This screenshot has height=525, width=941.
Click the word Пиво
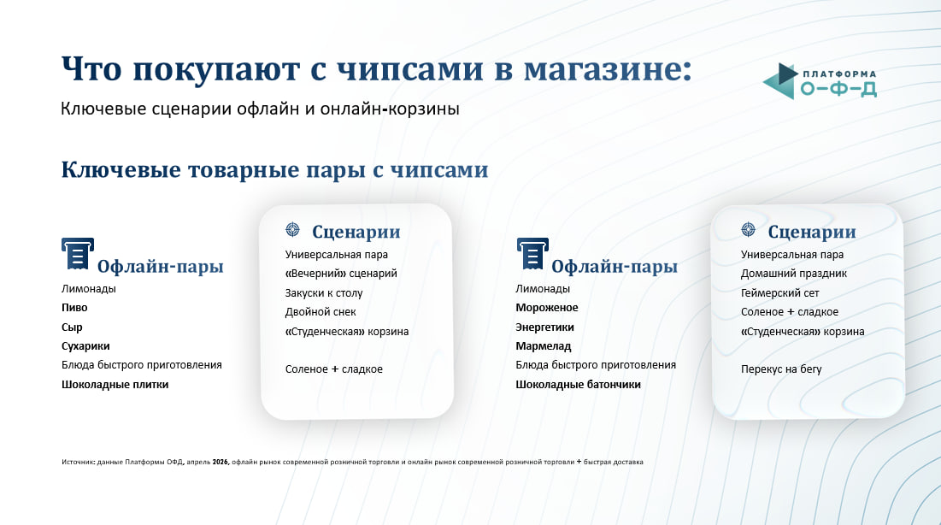point(74,308)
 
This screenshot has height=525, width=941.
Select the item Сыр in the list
point(72,327)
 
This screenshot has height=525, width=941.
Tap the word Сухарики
point(85,346)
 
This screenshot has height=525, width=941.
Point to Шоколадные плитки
point(115,385)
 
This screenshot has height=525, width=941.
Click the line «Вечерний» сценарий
point(341,274)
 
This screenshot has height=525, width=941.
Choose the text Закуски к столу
point(323,293)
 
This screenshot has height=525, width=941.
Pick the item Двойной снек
point(321,312)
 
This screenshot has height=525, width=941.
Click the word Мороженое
point(547,308)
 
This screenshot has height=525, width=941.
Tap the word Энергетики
point(545,327)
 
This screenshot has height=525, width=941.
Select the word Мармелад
point(543,346)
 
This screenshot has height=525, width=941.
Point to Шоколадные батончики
point(578,385)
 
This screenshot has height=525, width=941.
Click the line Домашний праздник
point(793,274)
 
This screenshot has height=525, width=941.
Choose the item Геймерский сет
point(779,293)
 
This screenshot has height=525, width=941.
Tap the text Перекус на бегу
point(781,369)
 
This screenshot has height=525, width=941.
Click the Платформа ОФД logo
point(820,81)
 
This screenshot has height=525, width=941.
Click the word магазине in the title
point(608,69)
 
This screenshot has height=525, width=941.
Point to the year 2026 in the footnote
point(221,462)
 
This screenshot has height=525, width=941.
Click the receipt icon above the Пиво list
point(78,253)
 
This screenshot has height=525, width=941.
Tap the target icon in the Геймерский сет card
point(748,229)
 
